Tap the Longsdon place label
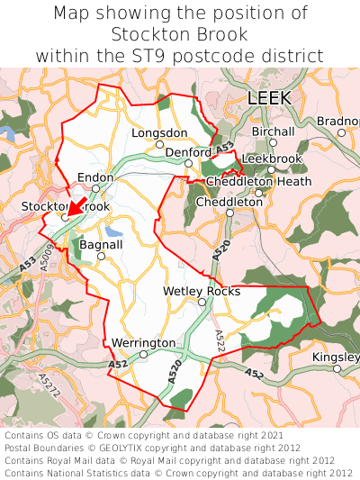(159, 131)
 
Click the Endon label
(95, 177)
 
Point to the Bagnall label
(101, 244)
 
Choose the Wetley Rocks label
(202, 291)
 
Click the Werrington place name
(143, 343)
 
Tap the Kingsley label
(335, 358)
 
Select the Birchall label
(273, 131)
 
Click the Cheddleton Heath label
(258, 181)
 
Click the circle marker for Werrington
(143, 354)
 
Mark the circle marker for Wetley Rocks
(202, 302)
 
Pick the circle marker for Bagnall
(101, 256)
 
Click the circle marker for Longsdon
(159, 143)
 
